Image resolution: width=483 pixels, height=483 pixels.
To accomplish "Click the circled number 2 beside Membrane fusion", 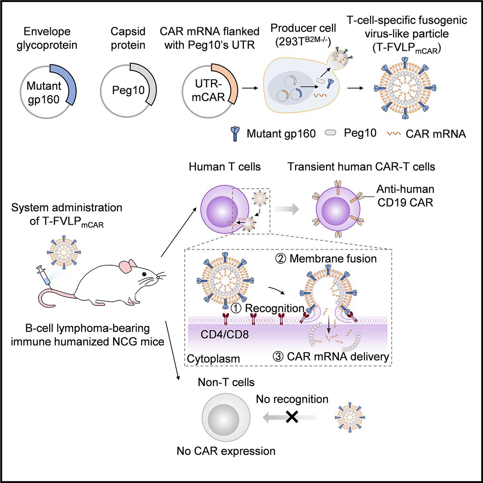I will tap(282, 258).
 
